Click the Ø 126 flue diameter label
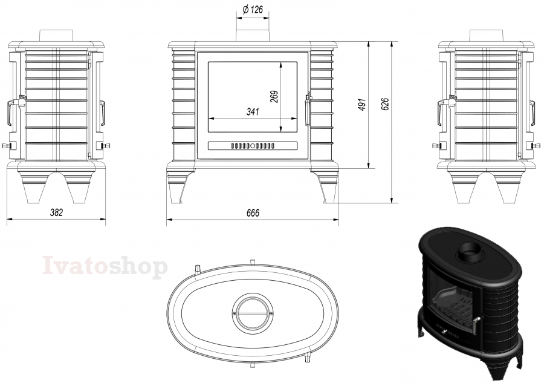point(253,10)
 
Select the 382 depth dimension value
point(57,212)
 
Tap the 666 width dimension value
point(253,213)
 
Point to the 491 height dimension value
point(362,105)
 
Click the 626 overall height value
point(385,104)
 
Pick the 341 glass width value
point(253,112)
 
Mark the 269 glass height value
point(274,97)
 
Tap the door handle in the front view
point(308,109)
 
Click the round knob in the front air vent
point(253,146)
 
